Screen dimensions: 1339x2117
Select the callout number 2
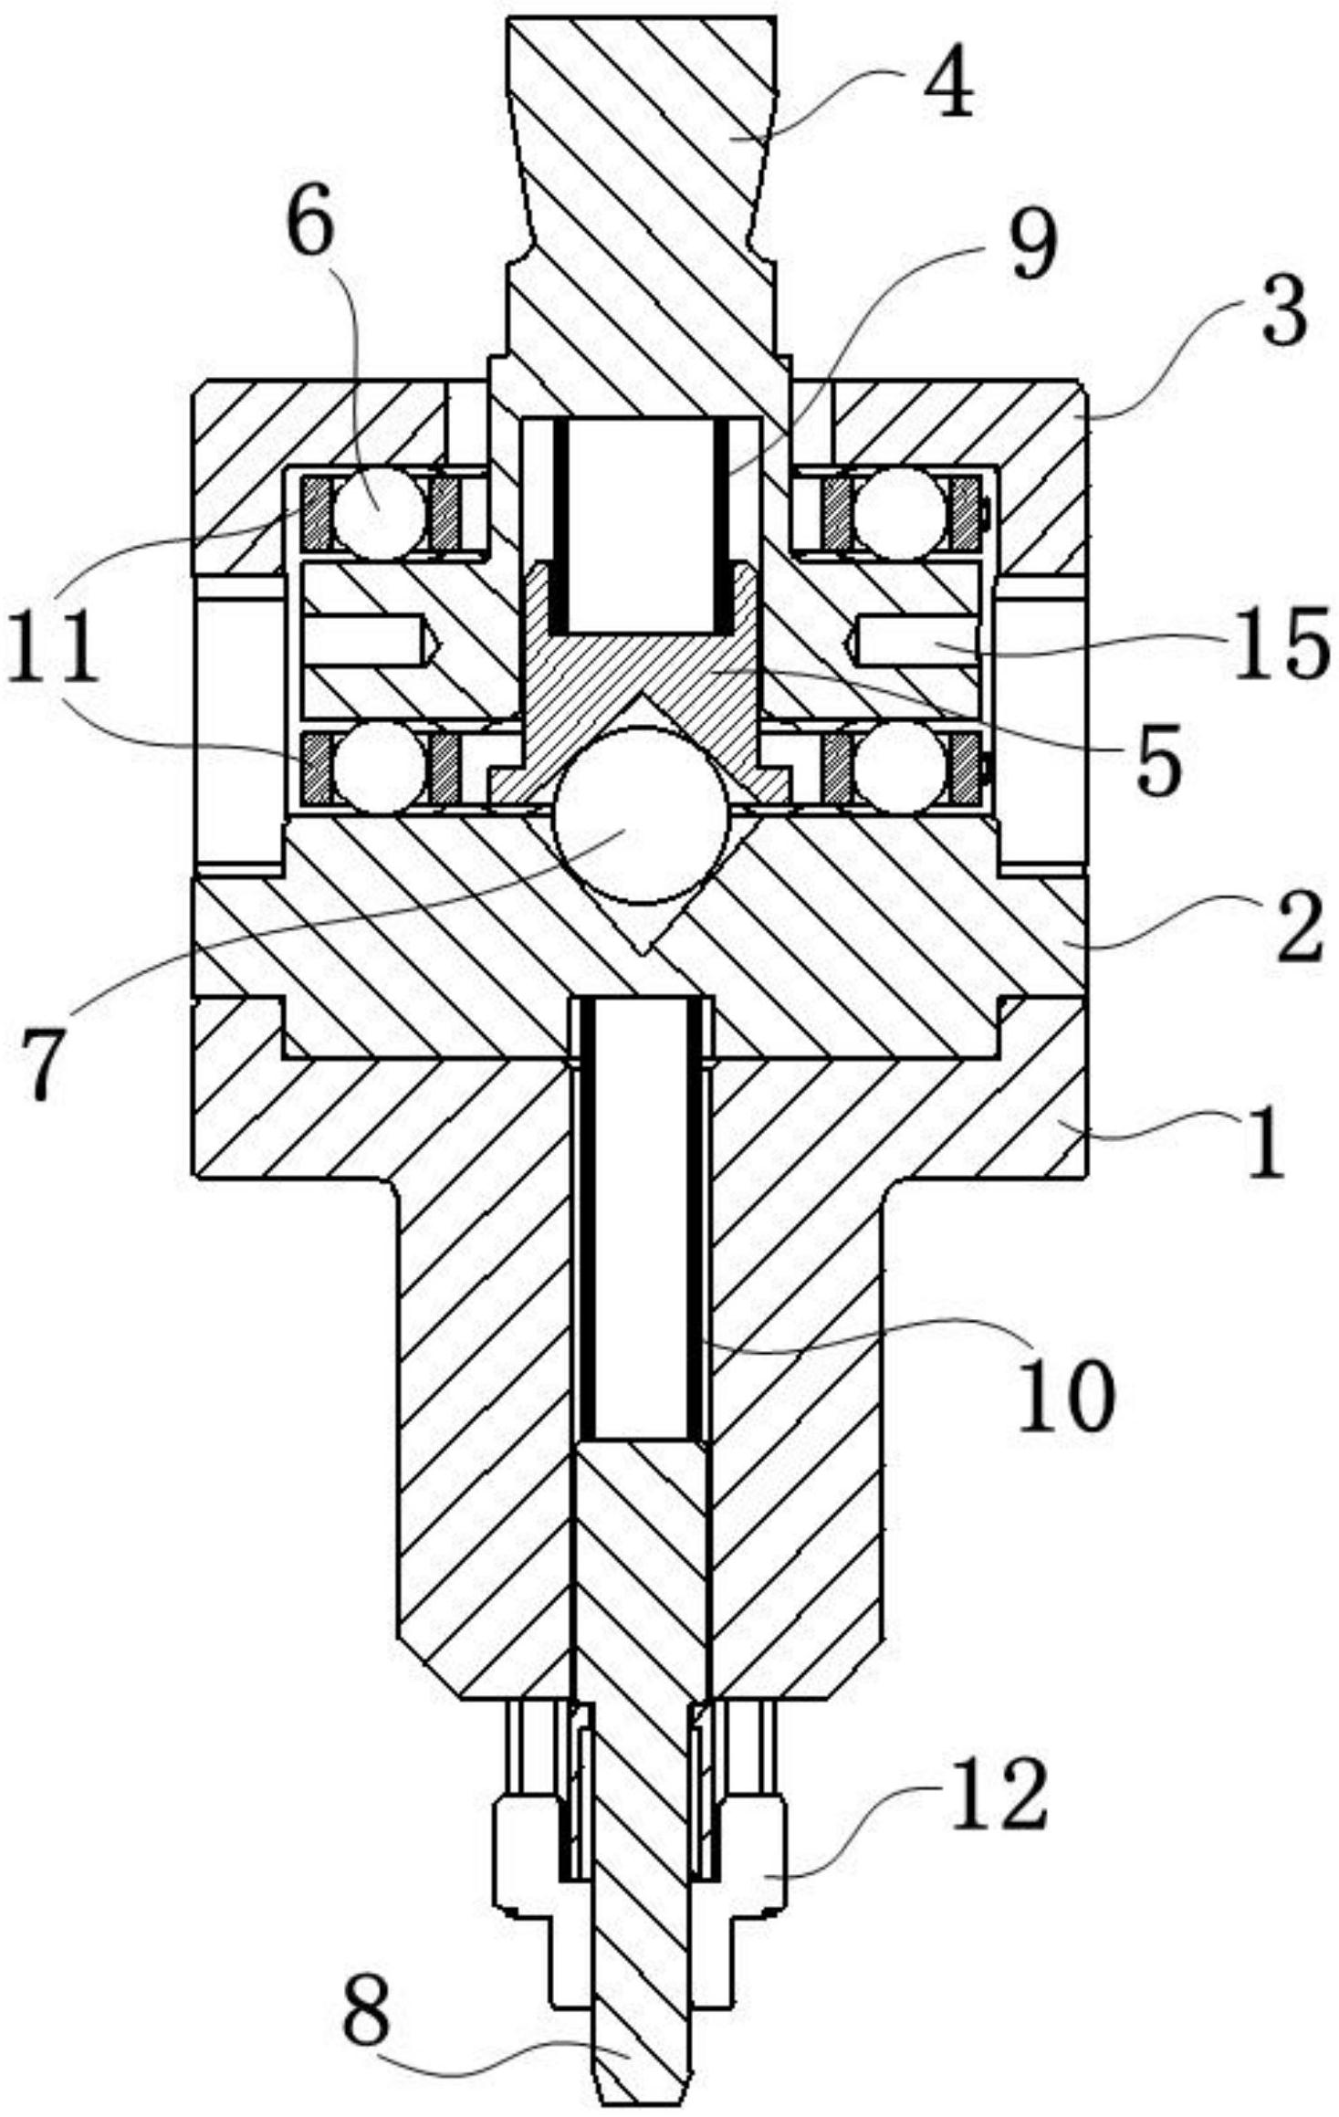tap(1295, 928)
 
